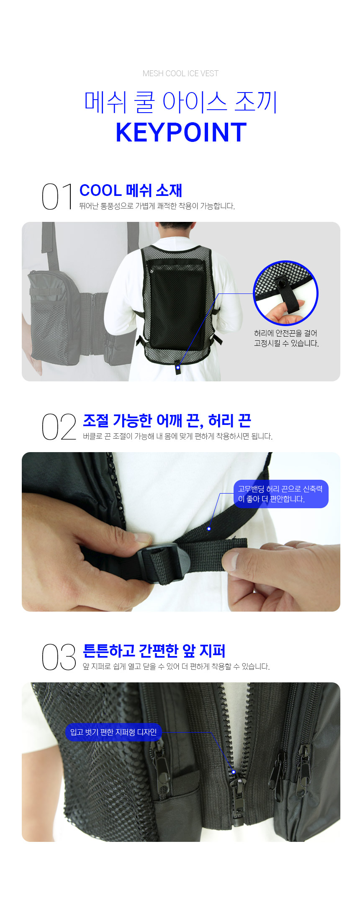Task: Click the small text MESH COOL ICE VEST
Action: (180, 74)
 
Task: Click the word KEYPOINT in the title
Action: (181, 133)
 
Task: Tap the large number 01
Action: (58, 196)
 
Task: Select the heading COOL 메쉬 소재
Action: (131, 190)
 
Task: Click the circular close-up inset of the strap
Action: (286, 293)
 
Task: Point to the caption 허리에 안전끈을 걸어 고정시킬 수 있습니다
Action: (286, 338)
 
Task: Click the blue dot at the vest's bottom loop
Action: (178, 368)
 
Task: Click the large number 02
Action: (59, 427)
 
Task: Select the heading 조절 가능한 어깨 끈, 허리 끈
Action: (167, 420)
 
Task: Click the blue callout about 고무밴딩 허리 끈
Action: (281, 494)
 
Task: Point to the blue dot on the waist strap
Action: (209, 529)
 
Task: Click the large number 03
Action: (59, 657)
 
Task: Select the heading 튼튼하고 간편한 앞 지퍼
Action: (154, 651)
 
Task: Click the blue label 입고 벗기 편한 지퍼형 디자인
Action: (113, 732)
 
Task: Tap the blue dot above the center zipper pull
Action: (234, 772)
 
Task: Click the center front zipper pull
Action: (237, 798)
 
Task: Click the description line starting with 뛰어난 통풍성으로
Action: (157, 206)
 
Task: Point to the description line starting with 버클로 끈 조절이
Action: (177, 436)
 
